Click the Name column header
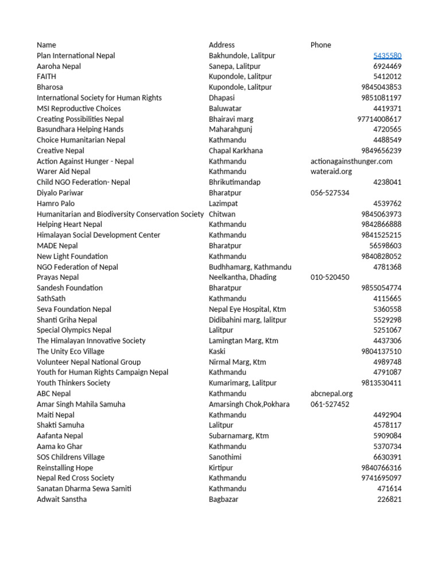[47, 45]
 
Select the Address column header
[222, 45]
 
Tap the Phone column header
[321, 45]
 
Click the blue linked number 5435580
[387, 56]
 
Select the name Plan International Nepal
[76, 56]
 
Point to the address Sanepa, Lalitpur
[234, 66]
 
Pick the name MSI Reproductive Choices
[79, 109]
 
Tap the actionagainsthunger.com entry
[351, 161]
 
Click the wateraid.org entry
[331, 172]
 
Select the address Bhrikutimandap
[234, 182]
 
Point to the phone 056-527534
[330, 193]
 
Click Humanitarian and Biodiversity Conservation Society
[120, 214]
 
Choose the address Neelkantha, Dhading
[242, 277]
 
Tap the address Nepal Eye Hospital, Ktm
[247, 309]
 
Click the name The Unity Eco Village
[71, 351]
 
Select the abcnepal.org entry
[331, 394]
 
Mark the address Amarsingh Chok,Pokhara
[249, 404]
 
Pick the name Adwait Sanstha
[62, 499]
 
